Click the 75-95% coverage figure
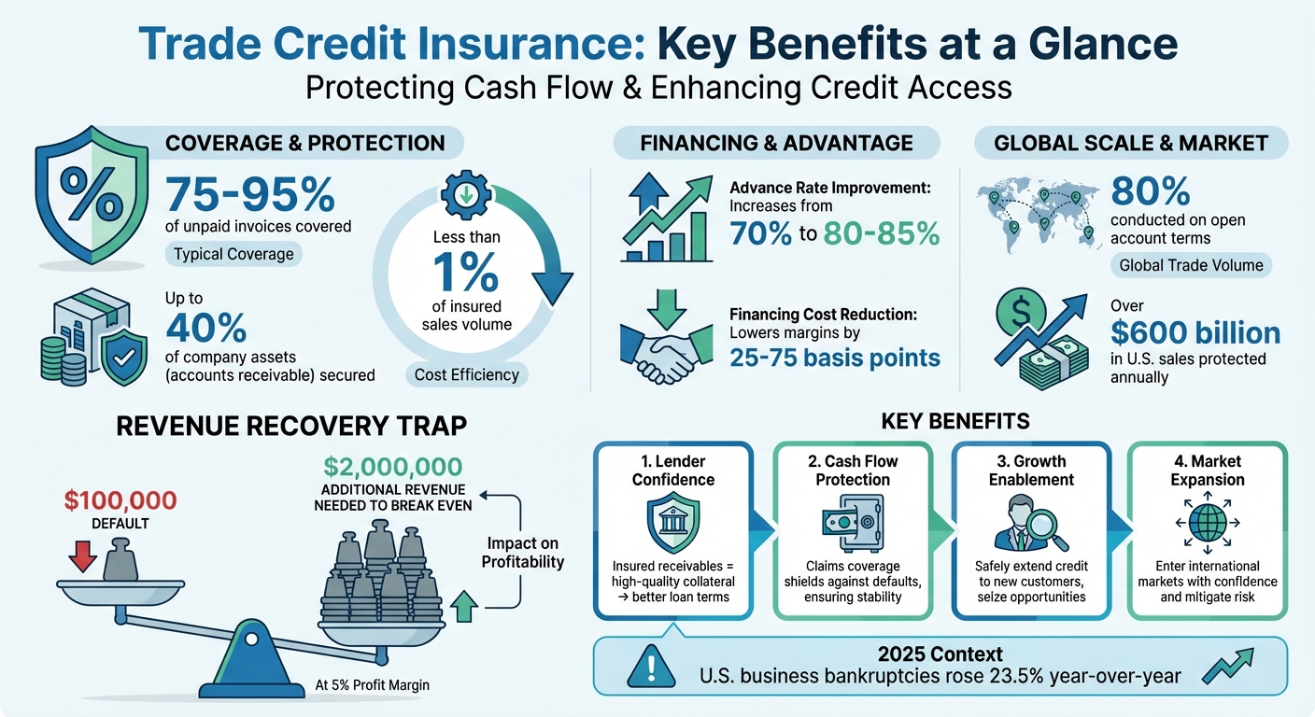tap(249, 193)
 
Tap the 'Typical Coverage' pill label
tap(233, 254)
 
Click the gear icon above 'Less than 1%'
tap(463, 194)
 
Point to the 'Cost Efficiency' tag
tap(466, 374)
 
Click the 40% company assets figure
tap(206, 328)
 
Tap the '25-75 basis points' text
tap(833, 358)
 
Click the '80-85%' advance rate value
tap(880, 233)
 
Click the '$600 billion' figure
tap(1195, 332)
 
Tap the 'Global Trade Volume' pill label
tap(1191, 265)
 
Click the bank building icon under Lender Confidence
tap(672, 523)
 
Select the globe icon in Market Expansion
tap(1208, 522)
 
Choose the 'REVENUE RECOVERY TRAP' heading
tap(290, 427)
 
